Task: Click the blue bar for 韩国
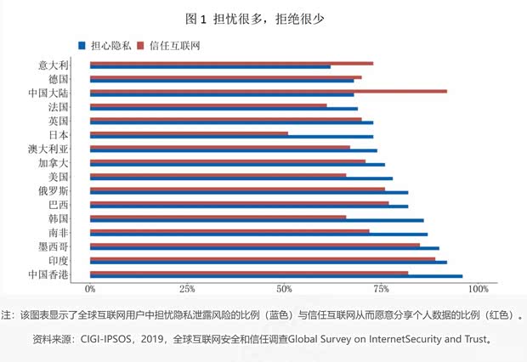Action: click(256, 220)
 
